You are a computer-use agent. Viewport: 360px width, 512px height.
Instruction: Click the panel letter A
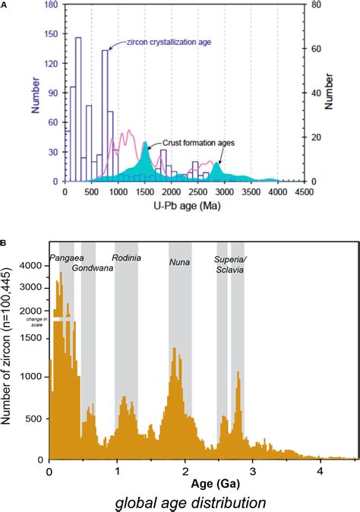click(x=5, y=5)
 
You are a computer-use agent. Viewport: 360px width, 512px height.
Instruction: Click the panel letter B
click(x=5, y=244)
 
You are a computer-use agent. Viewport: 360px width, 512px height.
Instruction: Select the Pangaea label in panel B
click(x=67, y=258)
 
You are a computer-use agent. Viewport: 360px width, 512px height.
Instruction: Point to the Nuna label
click(x=179, y=263)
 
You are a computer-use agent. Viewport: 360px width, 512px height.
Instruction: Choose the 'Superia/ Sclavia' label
click(x=236, y=264)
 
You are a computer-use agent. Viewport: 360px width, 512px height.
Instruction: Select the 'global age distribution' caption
click(x=190, y=502)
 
